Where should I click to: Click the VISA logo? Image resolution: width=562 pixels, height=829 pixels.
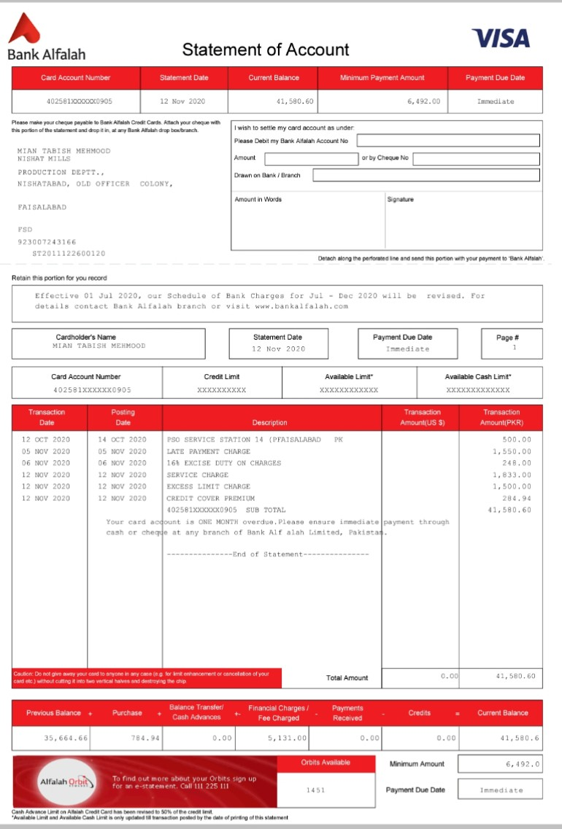pos(501,38)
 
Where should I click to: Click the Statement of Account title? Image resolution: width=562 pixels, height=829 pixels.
pos(266,50)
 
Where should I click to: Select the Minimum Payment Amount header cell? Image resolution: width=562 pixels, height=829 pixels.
pos(382,78)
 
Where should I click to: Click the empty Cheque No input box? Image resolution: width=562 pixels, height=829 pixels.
pos(476,158)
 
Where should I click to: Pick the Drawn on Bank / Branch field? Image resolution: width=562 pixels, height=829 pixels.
pos(426,175)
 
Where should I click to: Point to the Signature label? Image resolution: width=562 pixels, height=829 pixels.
pos(400,199)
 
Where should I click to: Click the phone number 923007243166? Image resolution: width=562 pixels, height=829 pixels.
pos(47,242)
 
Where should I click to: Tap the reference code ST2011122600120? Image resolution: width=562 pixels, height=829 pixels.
pos(69,254)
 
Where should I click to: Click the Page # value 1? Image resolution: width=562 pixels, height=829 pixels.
pos(515,348)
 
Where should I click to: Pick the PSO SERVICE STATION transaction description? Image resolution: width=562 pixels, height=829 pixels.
pos(254,440)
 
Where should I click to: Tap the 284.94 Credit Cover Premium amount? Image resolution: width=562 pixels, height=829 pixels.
pos(517,498)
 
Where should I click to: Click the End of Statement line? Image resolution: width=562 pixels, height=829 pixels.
pos(268,554)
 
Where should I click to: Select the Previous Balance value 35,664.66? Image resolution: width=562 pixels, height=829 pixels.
pos(66,739)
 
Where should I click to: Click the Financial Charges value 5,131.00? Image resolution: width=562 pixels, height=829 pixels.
pos(288,739)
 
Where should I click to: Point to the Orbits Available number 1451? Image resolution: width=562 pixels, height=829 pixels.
pos(315,790)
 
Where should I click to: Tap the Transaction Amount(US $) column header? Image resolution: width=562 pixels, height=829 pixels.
pos(422,418)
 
